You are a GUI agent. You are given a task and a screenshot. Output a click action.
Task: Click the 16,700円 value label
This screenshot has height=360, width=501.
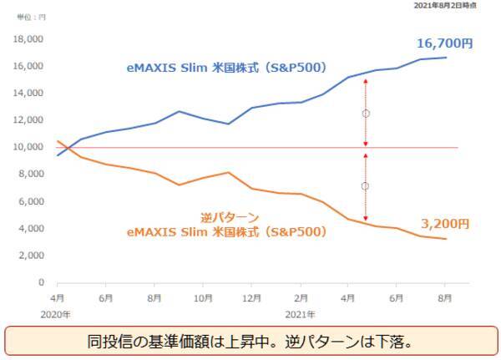coord(445,43)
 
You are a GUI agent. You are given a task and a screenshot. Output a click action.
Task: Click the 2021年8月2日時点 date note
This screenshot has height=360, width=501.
coord(456,6)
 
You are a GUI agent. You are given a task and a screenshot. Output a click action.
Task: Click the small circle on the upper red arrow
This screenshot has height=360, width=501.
coord(365,113)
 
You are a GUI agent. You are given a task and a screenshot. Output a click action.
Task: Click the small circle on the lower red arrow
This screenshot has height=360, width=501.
coord(365,186)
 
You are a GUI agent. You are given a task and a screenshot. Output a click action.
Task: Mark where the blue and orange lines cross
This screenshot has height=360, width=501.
coord(64,148)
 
